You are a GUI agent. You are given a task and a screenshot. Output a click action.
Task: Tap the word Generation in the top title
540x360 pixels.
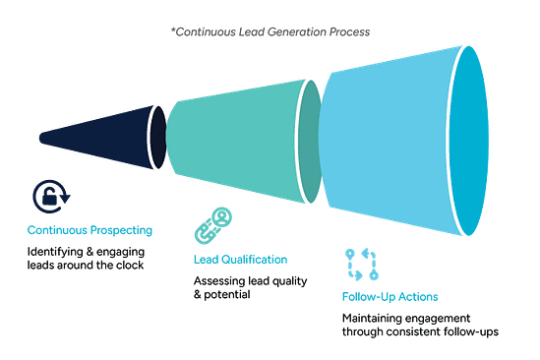click(x=289, y=32)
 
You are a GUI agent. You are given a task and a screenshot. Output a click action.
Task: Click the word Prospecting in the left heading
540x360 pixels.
click(x=122, y=231)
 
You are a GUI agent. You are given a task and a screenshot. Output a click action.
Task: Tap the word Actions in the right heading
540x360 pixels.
click(x=416, y=297)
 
